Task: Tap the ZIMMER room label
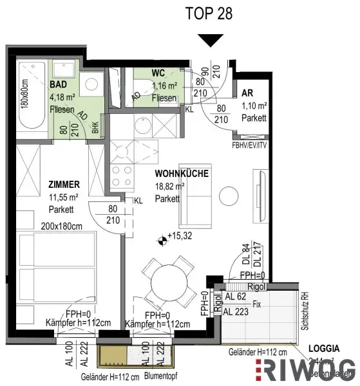click(x=62, y=185)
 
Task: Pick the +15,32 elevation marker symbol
click(x=160, y=241)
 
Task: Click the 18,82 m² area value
click(x=170, y=187)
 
